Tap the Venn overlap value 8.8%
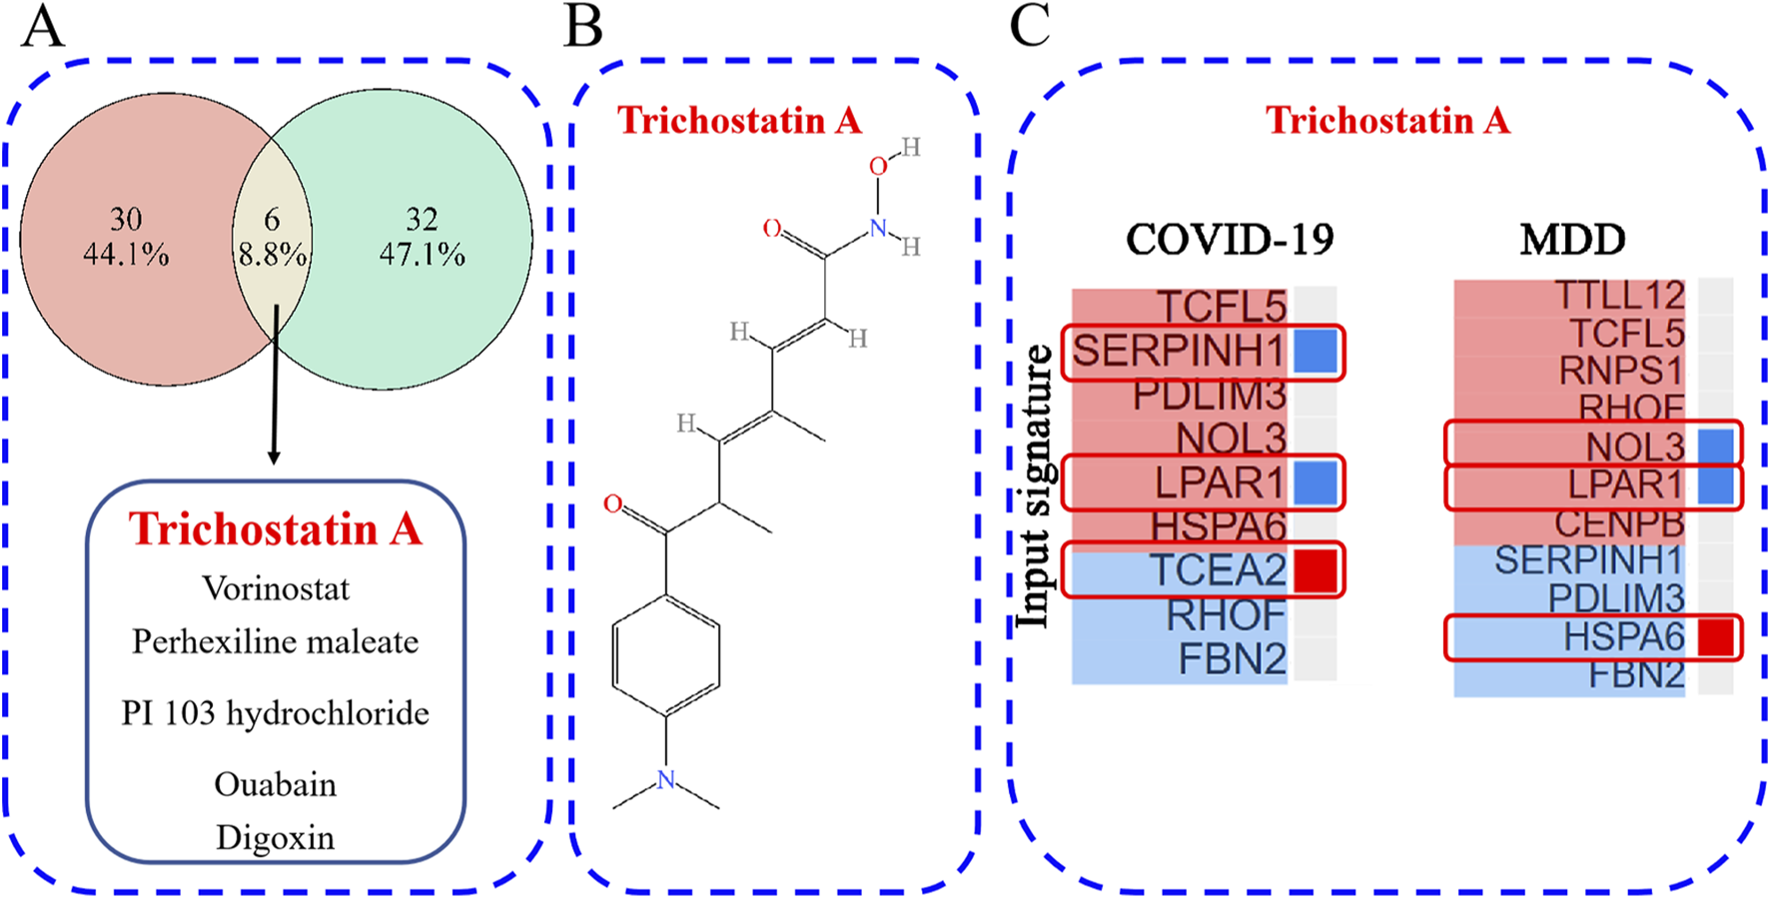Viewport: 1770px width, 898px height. pos(272,255)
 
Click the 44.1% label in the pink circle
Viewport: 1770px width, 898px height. pos(126,255)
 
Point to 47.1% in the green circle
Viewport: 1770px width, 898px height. pos(422,255)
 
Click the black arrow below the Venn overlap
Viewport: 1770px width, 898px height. pos(274,400)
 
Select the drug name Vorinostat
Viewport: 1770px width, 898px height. pos(276,588)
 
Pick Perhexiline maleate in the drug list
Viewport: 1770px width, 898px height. pos(276,641)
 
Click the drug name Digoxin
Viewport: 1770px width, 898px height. pos(276,837)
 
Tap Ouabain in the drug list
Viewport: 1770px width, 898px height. pos(276,784)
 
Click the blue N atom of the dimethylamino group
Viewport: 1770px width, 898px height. pos(666,780)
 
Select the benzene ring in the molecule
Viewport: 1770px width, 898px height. pos(666,655)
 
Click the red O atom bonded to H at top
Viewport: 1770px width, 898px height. pos(877,166)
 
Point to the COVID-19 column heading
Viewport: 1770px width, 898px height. pos(1230,239)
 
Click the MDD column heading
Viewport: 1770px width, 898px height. pos(1572,239)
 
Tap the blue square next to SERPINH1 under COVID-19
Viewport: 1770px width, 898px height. pos(1316,352)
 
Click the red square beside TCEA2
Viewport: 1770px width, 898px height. pos(1316,570)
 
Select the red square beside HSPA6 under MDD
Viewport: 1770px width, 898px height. pos(1716,636)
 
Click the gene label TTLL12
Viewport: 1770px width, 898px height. pos(1619,296)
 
